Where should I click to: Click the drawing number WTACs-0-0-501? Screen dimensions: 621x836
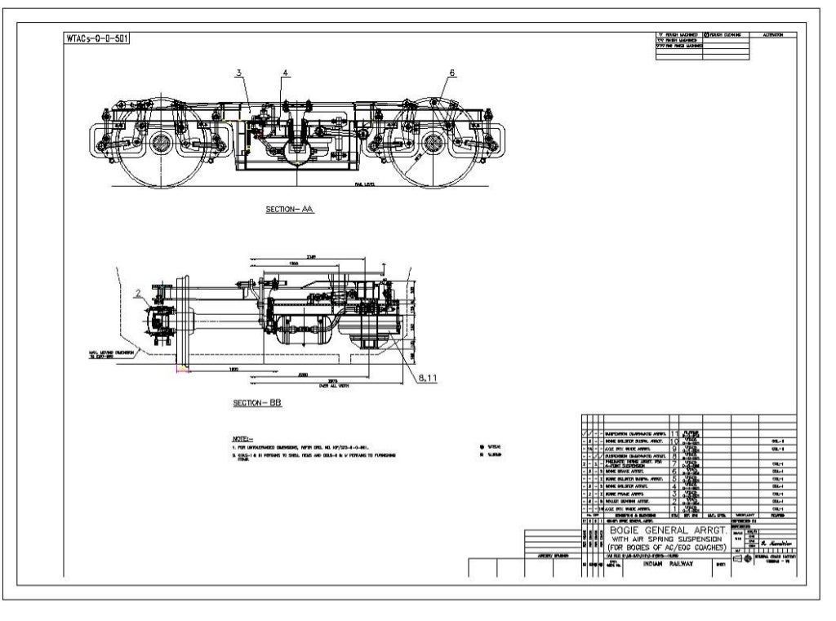coord(97,38)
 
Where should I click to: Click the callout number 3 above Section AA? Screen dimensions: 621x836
coord(238,73)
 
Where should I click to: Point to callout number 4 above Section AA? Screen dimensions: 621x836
coord(286,73)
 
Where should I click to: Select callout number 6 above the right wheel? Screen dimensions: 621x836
coord(451,73)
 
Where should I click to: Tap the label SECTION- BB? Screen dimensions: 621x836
coord(257,403)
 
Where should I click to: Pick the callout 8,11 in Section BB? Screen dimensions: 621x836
coord(426,378)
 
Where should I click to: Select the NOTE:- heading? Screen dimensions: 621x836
coord(244,438)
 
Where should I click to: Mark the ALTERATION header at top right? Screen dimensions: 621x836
coord(772,35)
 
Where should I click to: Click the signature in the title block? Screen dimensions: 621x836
coord(776,542)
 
